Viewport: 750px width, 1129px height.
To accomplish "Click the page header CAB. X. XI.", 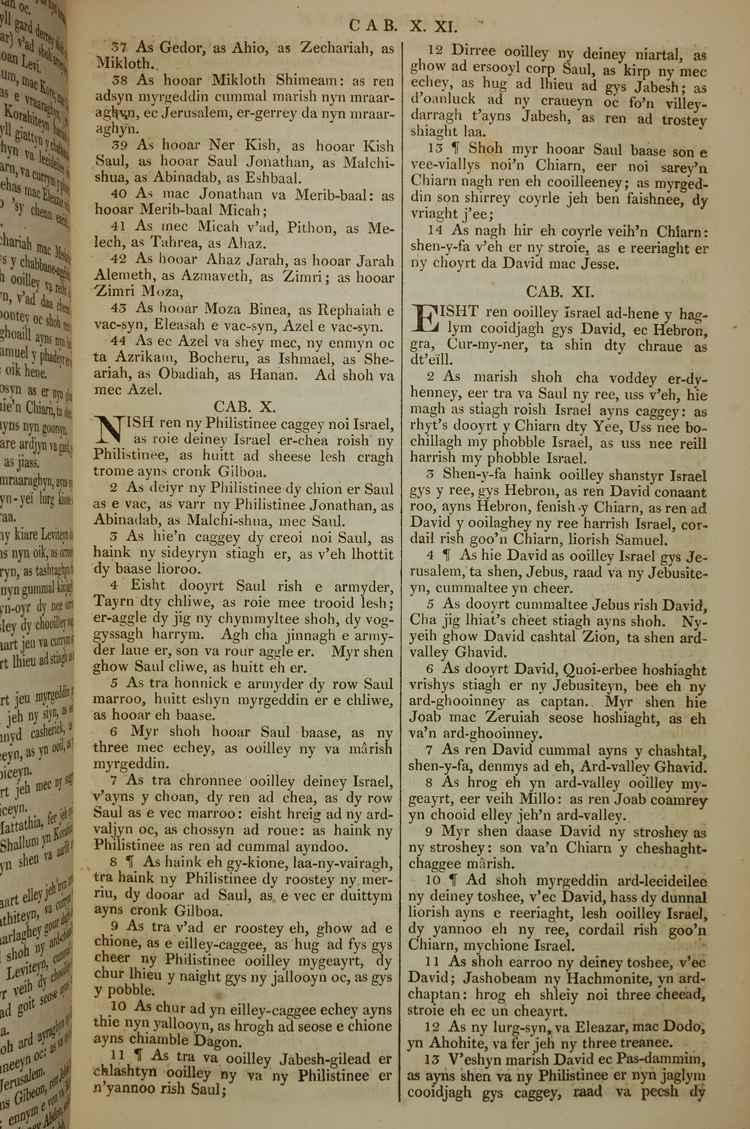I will click(x=403, y=26).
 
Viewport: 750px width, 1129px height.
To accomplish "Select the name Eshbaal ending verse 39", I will click(x=273, y=179).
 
